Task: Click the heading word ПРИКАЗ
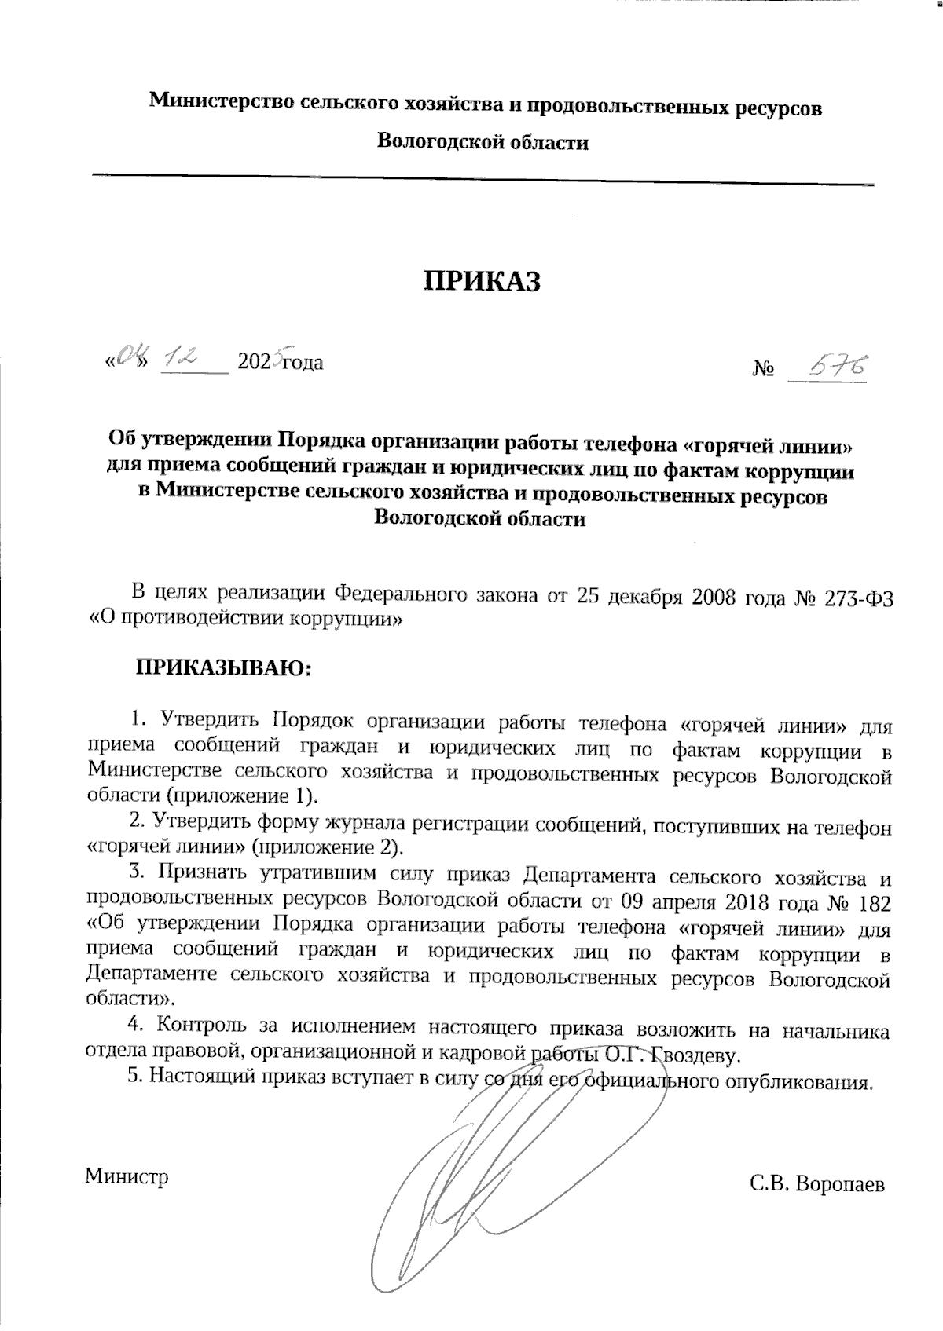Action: pos(483,280)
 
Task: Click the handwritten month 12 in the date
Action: pos(178,359)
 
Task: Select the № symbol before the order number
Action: pos(763,367)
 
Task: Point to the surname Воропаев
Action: pos(840,1183)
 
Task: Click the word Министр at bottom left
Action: pos(127,1176)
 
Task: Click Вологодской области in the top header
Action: pos(483,142)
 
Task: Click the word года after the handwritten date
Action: pos(303,363)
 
